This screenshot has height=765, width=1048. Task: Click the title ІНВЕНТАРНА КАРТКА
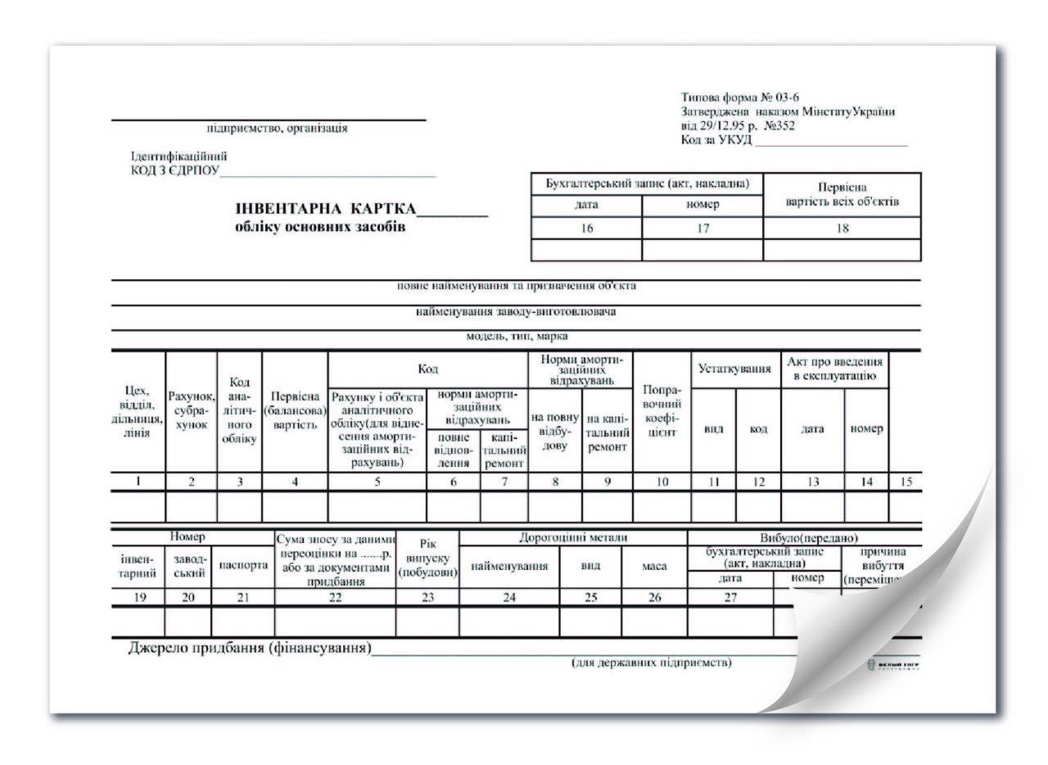point(326,209)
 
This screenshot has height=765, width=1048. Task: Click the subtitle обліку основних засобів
point(320,227)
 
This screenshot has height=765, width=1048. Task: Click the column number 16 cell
point(586,229)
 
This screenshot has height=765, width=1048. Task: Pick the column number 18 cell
point(842,229)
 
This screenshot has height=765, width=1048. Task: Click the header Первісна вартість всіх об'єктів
point(842,194)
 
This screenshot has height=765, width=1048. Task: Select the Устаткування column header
point(735,369)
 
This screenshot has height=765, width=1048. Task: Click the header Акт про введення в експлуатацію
point(834,369)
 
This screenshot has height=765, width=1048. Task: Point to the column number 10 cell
point(662,482)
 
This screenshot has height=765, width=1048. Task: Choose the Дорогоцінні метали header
point(573,537)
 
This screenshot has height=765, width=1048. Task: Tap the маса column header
point(654,565)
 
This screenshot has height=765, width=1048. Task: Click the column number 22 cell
point(335,598)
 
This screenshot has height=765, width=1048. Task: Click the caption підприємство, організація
point(277,128)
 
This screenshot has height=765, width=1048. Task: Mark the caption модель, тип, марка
point(516,337)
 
